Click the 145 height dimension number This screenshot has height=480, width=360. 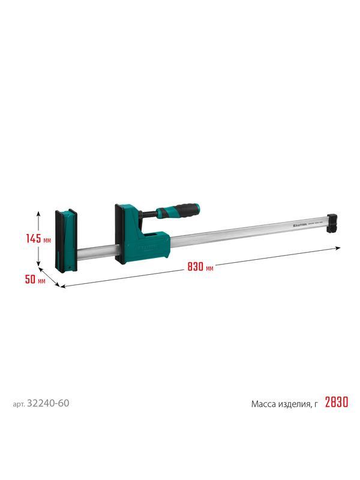(x=34, y=238)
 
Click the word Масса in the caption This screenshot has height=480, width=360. (x=265, y=404)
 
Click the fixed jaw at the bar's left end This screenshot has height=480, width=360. (x=66, y=239)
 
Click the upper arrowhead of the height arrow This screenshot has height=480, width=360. (x=39, y=212)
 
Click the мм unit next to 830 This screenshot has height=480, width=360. (x=209, y=269)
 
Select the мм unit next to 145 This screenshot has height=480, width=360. (x=47, y=239)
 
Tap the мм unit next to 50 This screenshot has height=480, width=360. (x=41, y=280)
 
